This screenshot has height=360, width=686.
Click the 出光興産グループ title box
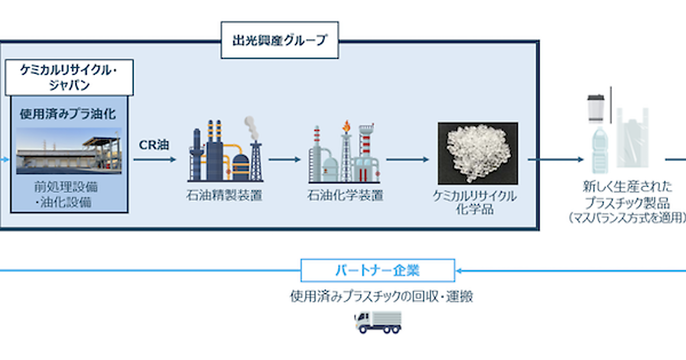[280, 40]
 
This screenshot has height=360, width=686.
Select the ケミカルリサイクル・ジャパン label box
[69, 77]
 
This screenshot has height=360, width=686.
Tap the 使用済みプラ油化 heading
[69, 114]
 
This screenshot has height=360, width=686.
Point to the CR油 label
[154, 145]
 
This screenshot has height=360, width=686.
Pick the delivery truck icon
[378, 322]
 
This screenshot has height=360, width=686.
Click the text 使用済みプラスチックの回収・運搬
[381, 297]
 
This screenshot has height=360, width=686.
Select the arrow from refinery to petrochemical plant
[284, 159]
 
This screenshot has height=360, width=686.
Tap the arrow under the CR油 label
[155, 159]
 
